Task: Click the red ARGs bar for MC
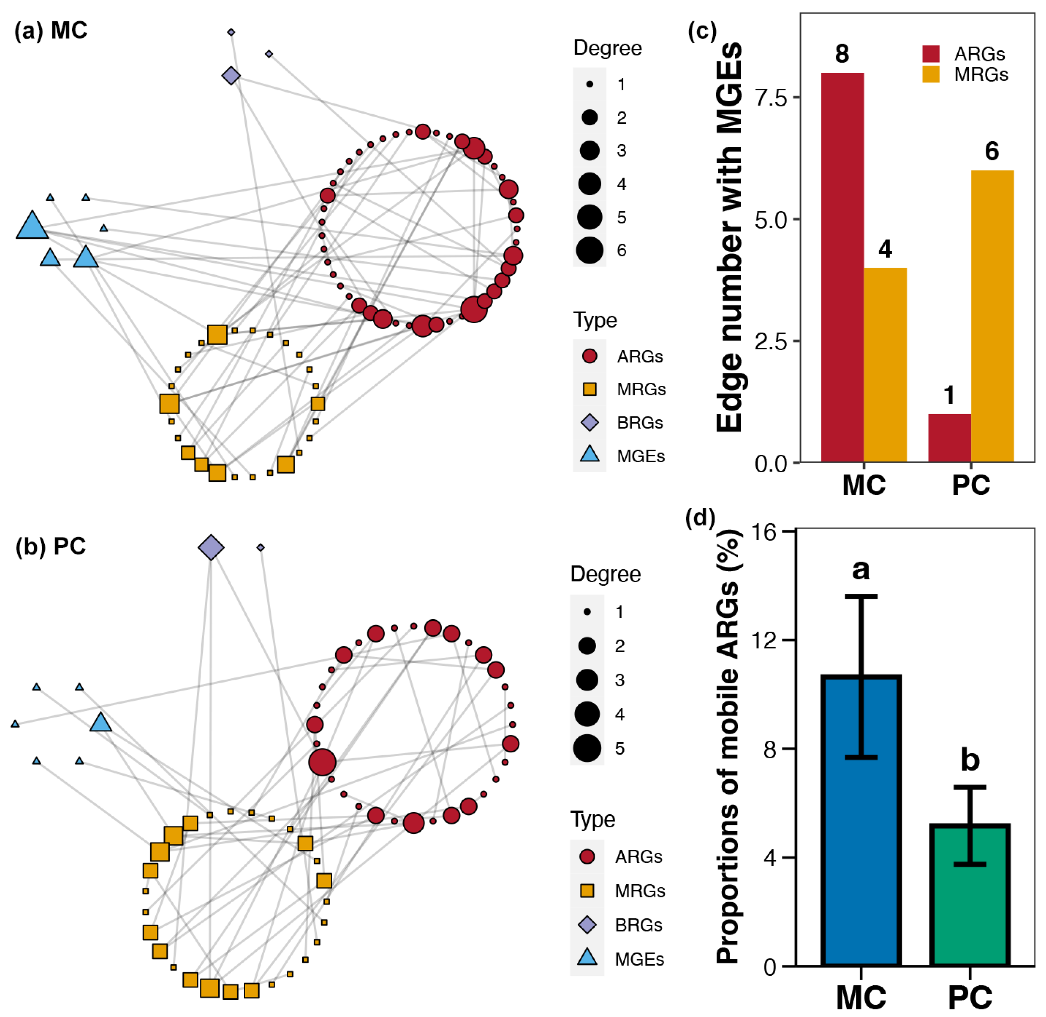click(842, 267)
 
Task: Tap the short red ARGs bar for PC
click(949, 438)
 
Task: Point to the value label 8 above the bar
click(842, 54)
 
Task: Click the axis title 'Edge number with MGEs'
click(729, 238)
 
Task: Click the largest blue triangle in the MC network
click(32, 226)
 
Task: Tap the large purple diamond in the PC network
click(211, 548)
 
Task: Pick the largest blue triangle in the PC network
click(100, 723)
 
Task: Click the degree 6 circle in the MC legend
click(590, 250)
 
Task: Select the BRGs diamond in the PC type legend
click(587, 924)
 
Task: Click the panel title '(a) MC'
click(51, 30)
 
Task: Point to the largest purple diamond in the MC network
click(231, 75)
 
